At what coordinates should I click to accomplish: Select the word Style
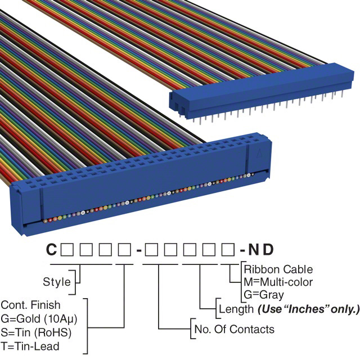pos(57,282)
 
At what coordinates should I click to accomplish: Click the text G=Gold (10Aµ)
pos(39,318)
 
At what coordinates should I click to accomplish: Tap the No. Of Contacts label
pos(233,329)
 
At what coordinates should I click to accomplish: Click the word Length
pos(236,309)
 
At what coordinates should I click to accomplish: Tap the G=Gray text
pos(264,294)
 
